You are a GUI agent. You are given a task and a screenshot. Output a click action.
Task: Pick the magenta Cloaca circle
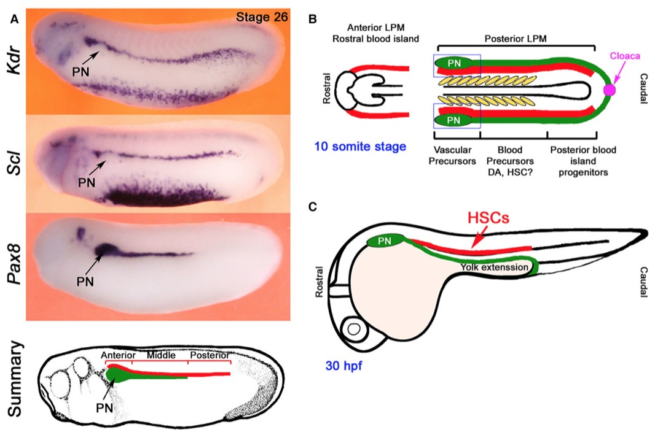[x=610, y=90]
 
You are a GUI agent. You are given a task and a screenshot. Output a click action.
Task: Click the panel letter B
[x=312, y=20]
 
